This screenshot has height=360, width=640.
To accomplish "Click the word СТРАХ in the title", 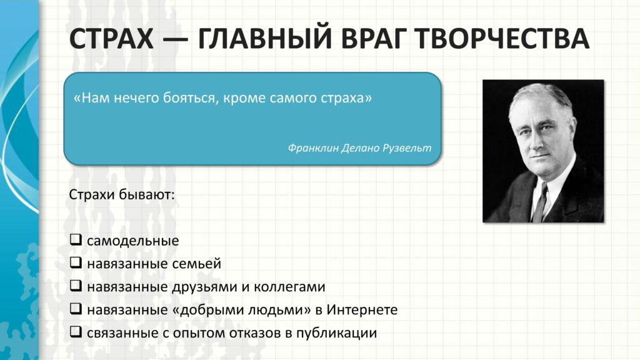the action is pyautogui.click(x=111, y=39).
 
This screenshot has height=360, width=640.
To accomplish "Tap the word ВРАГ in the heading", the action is pyautogui.click(x=375, y=39).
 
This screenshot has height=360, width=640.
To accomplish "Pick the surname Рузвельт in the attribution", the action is pyautogui.click(x=406, y=147).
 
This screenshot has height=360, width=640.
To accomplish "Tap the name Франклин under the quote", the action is pyautogui.click(x=313, y=147).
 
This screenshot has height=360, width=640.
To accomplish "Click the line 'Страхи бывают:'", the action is pyautogui.click(x=122, y=194).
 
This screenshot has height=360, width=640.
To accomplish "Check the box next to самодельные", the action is pyautogui.click(x=76, y=239).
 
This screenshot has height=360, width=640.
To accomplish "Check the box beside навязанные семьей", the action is pyautogui.click(x=76, y=262).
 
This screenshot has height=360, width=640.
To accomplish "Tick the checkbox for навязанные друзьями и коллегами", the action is pyautogui.click(x=76, y=286).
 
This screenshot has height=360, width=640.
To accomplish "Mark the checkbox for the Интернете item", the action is pyautogui.click(x=76, y=309).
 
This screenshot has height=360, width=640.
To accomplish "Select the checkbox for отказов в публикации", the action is pyautogui.click(x=76, y=332).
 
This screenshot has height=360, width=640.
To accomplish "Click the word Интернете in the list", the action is pyautogui.click(x=362, y=310).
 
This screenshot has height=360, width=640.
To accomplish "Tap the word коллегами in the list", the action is pyautogui.click(x=289, y=287).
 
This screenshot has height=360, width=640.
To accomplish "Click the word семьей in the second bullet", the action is pyautogui.click(x=196, y=264).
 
